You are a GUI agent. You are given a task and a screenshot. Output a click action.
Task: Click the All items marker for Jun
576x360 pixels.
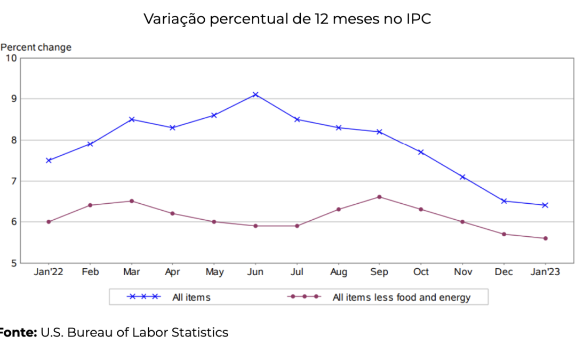(x=255, y=94)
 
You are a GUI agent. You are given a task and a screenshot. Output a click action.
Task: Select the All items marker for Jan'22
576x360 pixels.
(x=49, y=160)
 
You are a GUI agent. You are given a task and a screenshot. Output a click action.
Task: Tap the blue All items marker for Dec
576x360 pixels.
(x=504, y=201)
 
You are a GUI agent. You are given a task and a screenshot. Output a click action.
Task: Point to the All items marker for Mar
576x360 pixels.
(x=131, y=119)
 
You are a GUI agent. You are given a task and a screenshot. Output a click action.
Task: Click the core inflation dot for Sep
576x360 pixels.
(x=379, y=197)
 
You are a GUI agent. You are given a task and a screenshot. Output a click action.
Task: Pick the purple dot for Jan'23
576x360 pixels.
(x=545, y=238)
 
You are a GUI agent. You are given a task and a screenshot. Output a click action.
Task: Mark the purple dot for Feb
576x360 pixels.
(x=90, y=205)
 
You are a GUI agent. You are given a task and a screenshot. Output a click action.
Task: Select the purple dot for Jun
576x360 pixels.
(x=255, y=226)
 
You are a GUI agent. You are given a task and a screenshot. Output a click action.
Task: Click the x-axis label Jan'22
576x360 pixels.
(x=49, y=272)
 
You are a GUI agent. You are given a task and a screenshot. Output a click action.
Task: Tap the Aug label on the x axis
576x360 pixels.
(x=338, y=272)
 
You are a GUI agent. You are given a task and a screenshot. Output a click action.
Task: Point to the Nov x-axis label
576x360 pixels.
(x=462, y=272)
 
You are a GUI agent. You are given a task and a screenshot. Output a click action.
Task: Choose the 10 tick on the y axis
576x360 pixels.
(x=11, y=58)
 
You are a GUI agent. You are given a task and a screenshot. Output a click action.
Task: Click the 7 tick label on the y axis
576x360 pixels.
(x=13, y=181)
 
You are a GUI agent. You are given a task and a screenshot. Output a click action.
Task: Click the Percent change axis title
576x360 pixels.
(x=36, y=47)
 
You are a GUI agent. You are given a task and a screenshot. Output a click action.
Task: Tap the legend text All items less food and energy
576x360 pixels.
(x=401, y=297)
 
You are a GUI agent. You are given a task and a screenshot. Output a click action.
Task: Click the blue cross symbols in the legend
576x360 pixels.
(x=142, y=297)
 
